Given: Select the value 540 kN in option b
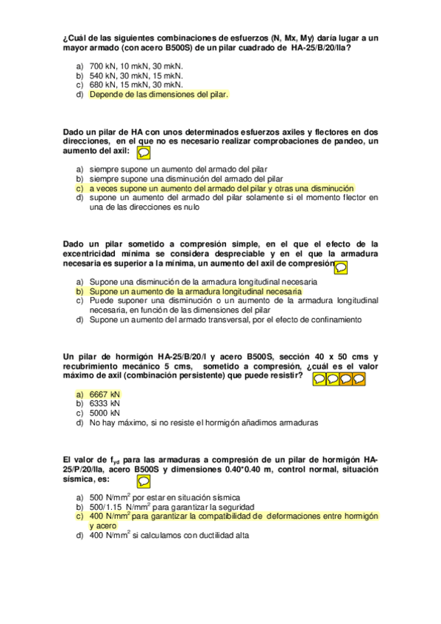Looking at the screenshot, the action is (101, 75).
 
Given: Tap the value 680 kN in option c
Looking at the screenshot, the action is (101, 85).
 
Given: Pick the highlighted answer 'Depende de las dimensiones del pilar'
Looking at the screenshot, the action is (158, 94).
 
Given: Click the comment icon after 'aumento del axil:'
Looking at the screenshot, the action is (144, 152).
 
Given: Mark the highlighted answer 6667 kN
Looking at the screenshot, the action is (104, 394).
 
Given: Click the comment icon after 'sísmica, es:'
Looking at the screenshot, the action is (144, 481).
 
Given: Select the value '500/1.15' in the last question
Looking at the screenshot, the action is (106, 507).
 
